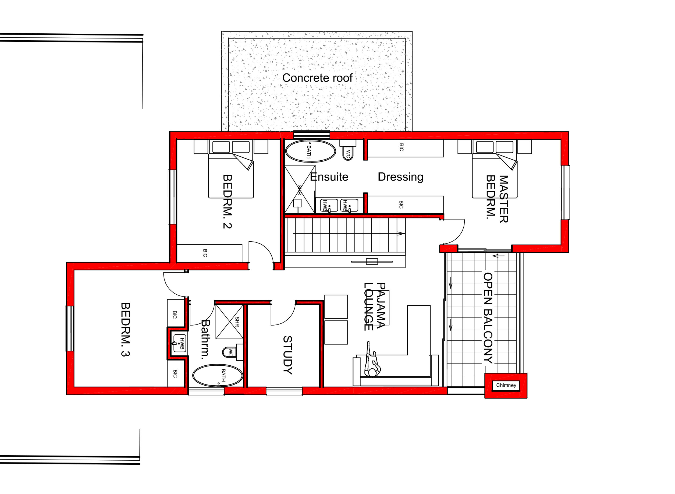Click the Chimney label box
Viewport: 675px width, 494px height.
(506, 385)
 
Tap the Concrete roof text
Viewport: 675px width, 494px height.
(317, 78)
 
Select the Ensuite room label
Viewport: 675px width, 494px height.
(329, 177)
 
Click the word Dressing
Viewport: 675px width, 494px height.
(400, 177)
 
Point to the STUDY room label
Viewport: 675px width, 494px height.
(287, 355)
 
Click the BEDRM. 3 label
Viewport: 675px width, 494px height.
(125, 330)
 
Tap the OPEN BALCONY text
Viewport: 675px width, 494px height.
(488, 318)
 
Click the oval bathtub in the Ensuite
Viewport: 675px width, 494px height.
(310, 151)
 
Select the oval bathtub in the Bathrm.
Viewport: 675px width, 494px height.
(217, 375)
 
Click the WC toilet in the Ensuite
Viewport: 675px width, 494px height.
(348, 153)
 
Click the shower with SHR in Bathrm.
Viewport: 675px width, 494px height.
(229, 322)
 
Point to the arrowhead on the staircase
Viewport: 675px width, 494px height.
(401, 234)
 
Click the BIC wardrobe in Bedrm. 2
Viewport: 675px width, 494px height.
(209, 253)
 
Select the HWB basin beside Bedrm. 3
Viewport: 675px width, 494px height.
(180, 343)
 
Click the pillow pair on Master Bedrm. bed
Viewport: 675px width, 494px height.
(494, 147)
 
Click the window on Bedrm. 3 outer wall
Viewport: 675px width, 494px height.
(70, 328)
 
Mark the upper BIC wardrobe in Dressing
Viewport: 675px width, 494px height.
(405, 148)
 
